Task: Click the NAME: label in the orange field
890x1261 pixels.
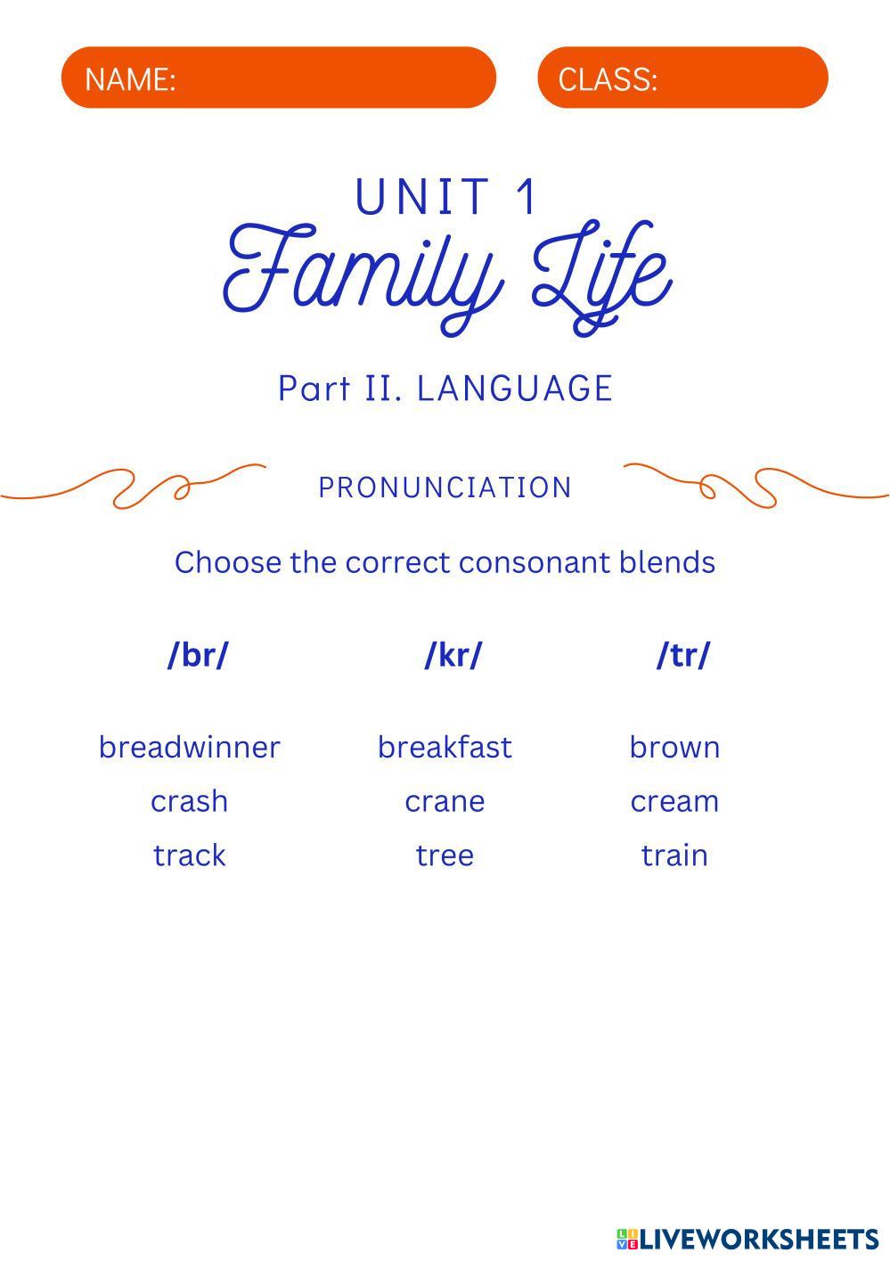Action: point(130,78)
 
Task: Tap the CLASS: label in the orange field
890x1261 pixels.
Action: point(608,78)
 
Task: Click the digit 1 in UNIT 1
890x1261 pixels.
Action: point(527,196)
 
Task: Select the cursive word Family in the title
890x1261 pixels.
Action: point(363,277)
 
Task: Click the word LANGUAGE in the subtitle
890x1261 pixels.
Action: point(515,389)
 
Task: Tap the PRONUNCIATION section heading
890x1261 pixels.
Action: point(445,487)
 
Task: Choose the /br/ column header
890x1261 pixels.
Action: point(198,655)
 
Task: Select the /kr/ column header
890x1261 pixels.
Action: point(453,655)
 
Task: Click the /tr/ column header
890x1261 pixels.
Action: point(683,655)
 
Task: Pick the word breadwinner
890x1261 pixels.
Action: point(189,747)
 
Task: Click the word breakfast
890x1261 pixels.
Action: point(445,747)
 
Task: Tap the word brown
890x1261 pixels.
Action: point(674,749)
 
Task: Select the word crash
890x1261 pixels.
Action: point(189,801)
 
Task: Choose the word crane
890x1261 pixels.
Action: point(445,802)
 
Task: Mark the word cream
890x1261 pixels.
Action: point(674,802)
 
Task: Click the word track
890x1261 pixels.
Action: point(189,856)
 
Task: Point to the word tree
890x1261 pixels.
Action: point(445,856)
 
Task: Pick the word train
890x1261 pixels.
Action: point(674,856)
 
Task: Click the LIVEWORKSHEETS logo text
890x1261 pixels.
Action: point(758,1239)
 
